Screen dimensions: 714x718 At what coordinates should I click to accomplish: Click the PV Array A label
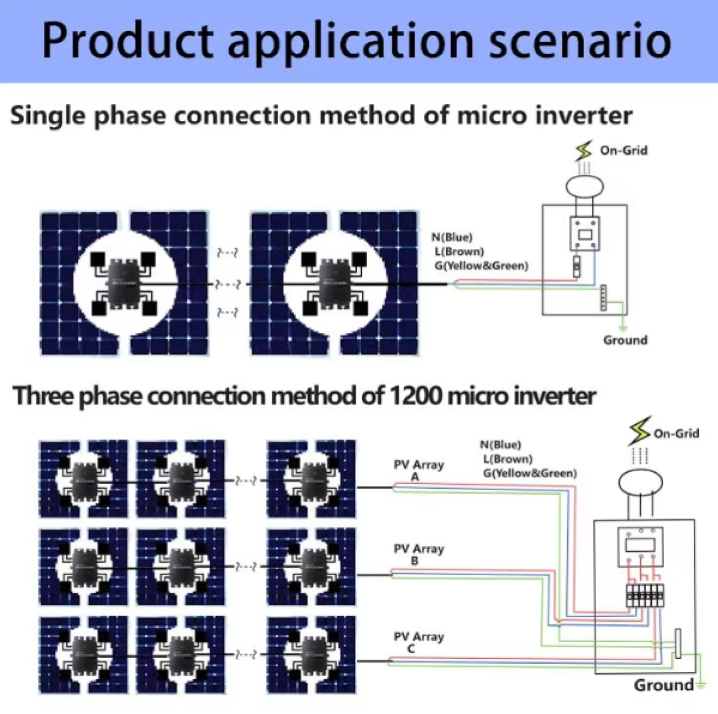418,470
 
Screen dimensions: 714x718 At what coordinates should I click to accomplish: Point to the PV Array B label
418,555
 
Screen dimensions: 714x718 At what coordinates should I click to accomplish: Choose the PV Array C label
418,642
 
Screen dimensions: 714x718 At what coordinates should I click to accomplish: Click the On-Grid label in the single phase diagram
623,150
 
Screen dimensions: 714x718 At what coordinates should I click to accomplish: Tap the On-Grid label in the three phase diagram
676,433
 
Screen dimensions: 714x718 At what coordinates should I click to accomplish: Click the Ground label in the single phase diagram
625,340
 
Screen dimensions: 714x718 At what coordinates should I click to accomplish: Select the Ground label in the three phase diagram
663,685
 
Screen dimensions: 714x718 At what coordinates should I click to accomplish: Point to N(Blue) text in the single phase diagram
452,238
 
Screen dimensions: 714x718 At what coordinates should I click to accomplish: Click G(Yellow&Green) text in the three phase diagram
530,473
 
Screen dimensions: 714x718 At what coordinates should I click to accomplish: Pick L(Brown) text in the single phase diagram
459,251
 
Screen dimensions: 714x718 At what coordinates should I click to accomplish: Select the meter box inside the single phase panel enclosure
584,233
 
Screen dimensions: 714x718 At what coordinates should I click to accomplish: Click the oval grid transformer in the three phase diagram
640,482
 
